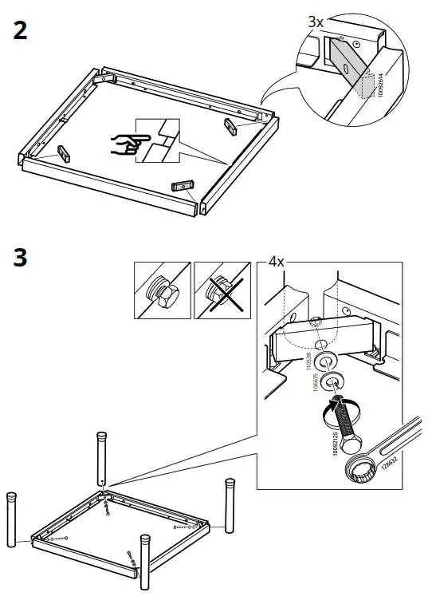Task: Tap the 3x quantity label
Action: point(316,23)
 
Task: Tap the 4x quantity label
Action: point(276,262)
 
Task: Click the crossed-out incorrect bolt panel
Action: point(223,290)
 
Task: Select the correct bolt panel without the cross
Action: point(162,290)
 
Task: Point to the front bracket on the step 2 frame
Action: point(183,186)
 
